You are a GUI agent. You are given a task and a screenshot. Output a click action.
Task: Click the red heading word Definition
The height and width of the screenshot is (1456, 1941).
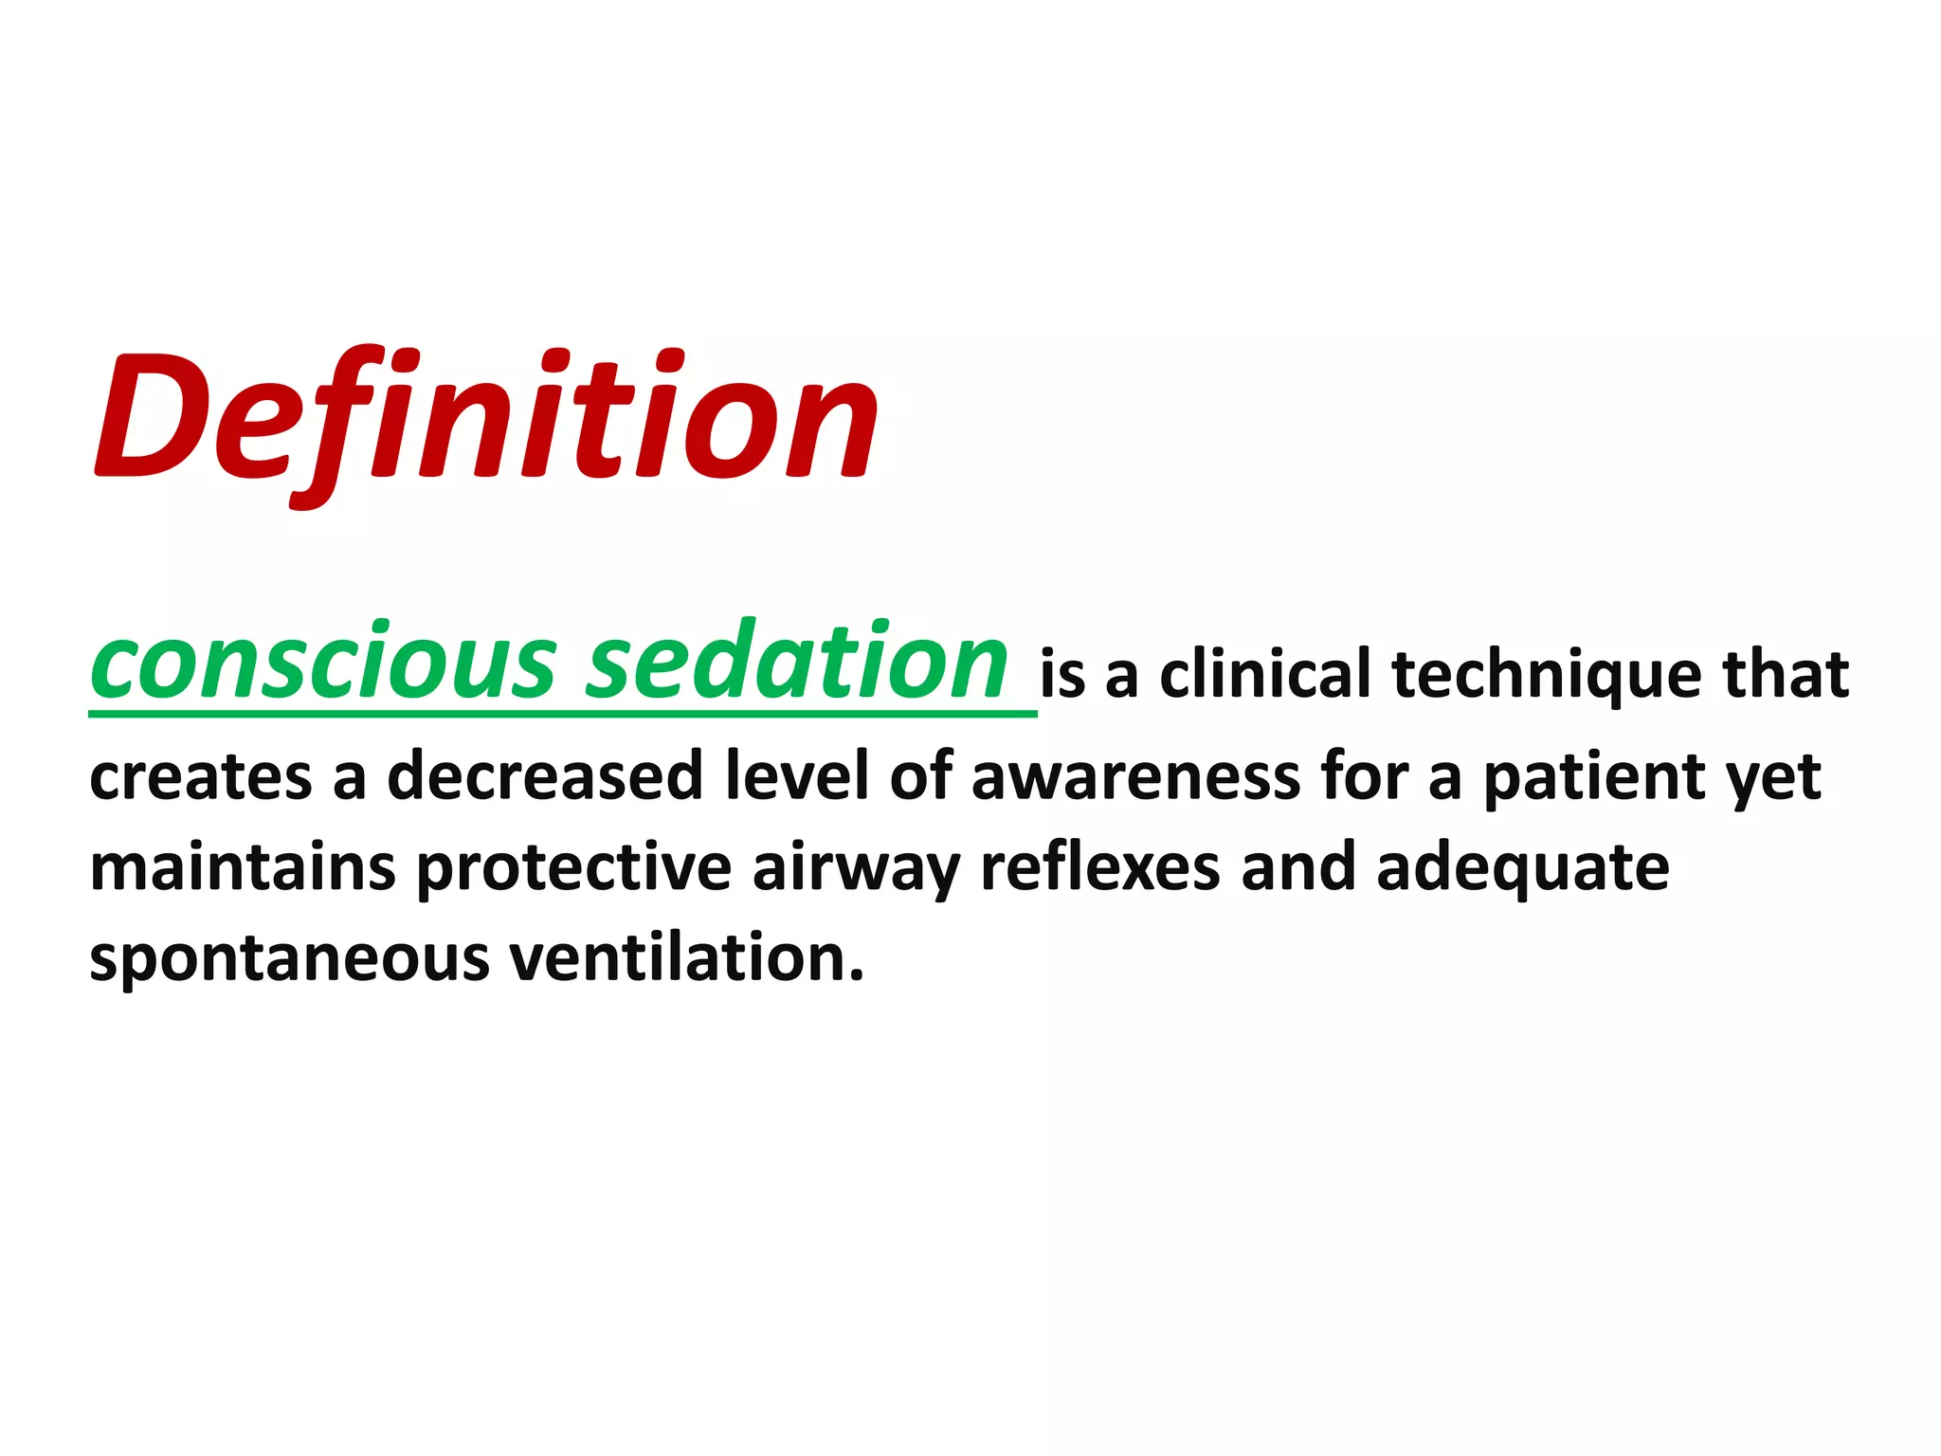(486, 417)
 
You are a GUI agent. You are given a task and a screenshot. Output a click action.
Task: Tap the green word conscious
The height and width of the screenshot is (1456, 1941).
(323, 663)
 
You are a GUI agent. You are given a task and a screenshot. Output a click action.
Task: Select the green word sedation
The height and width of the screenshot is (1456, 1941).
(796, 663)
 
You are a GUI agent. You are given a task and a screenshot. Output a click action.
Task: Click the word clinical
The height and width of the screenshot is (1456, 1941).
(1264, 674)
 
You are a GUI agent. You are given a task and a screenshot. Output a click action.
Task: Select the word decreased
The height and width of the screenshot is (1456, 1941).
(544, 775)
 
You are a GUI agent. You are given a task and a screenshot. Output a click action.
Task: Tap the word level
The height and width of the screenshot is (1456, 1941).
(796, 775)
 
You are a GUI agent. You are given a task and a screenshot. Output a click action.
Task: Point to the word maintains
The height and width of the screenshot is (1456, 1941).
(242, 868)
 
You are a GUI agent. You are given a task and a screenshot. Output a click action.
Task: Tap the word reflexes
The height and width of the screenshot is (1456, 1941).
(1099, 868)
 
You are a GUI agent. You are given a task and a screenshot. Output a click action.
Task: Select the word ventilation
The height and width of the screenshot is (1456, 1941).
(686, 957)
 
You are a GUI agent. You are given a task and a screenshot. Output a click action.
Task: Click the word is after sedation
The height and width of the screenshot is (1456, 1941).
(1062, 676)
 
